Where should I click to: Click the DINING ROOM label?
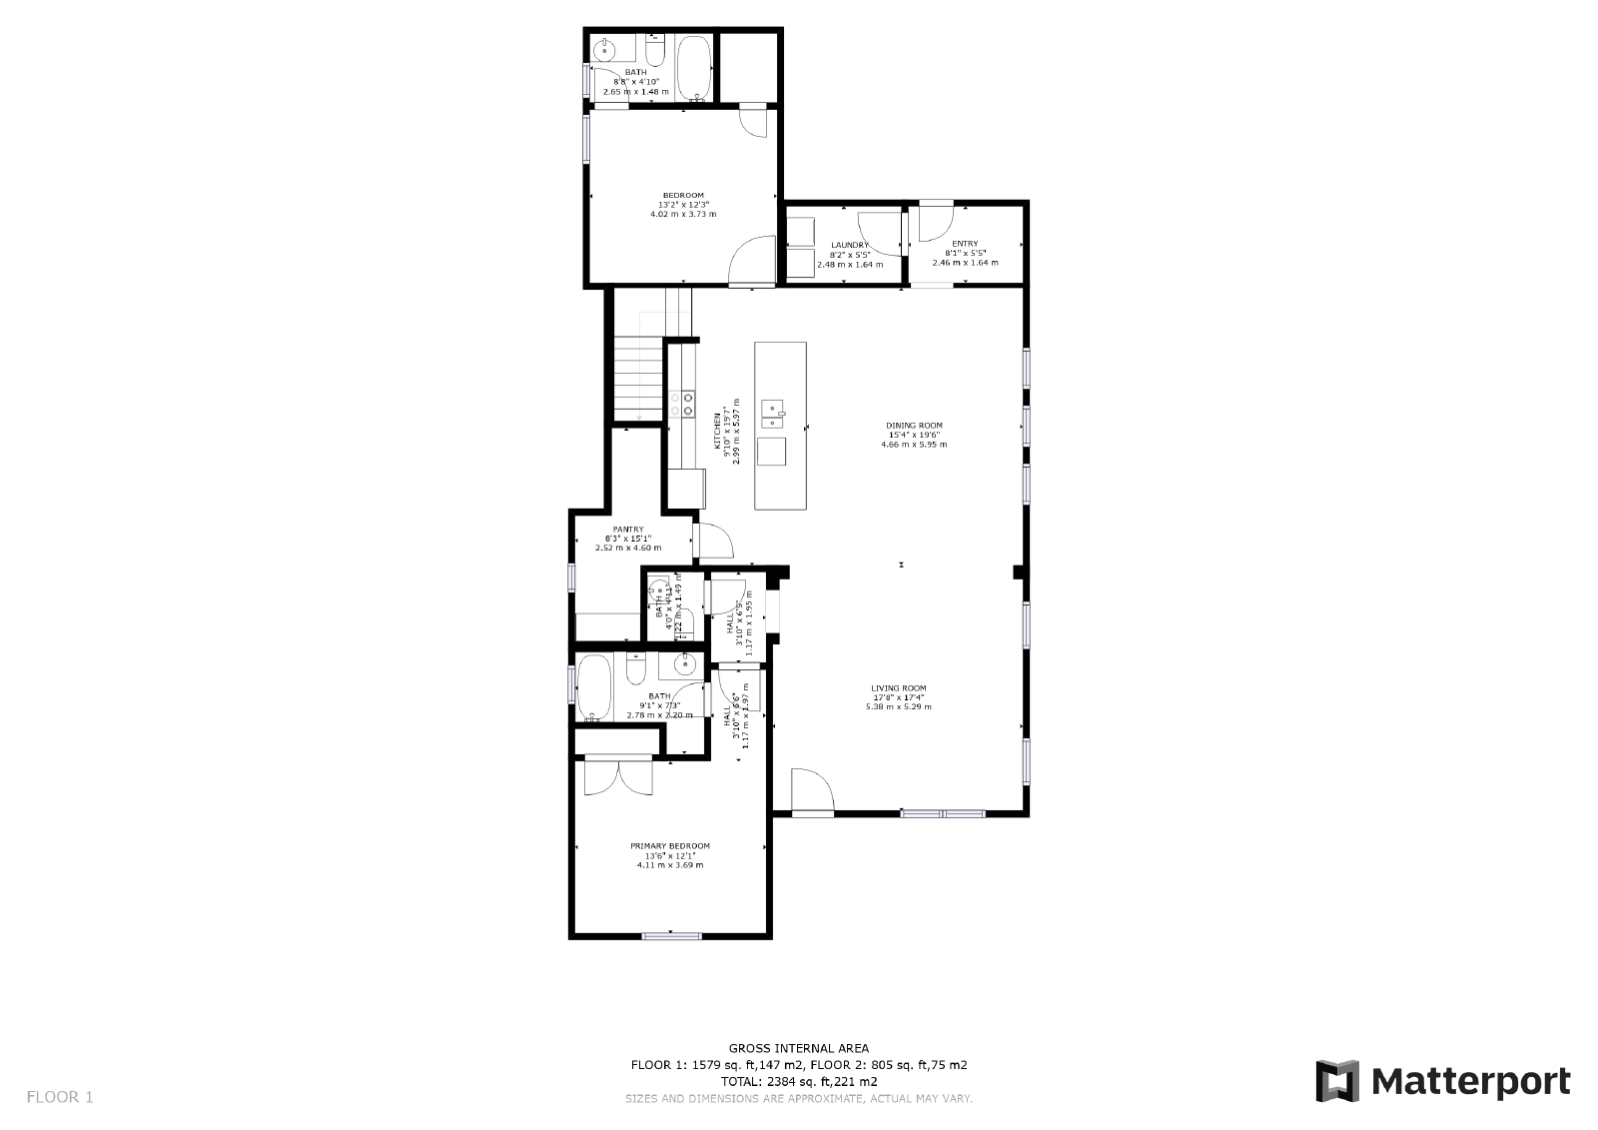[x=914, y=426]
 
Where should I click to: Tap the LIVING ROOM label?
[x=898, y=688]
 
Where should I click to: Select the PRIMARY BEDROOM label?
[x=669, y=846]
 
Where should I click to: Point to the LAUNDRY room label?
[x=849, y=245]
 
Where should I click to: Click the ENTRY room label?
[x=965, y=244]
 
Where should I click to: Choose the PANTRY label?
[x=627, y=530]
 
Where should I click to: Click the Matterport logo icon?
[x=1337, y=1081]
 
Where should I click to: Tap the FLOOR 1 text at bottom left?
[x=60, y=1097]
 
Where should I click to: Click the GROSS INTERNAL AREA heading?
[x=798, y=1048]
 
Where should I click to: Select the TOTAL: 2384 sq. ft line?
[x=798, y=1081]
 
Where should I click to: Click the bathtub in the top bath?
[x=695, y=67]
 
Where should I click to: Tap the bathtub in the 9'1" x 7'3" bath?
[x=596, y=687]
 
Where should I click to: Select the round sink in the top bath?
[x=604, y=50]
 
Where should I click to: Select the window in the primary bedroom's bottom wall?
[x=670, y=936]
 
